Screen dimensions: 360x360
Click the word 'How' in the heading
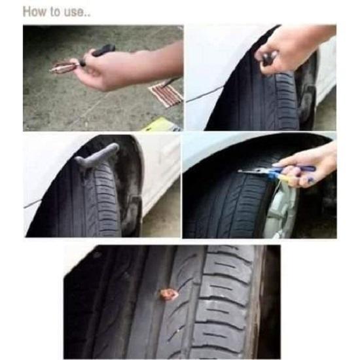pyautogui.click(x=33, y=12)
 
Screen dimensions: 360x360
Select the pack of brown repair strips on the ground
pyautogui.click(x=164, y=93)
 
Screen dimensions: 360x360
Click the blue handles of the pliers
pyautogui.click(x=298, y=171)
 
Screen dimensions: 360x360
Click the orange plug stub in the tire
pyautogui.click(x=168, y=295)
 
